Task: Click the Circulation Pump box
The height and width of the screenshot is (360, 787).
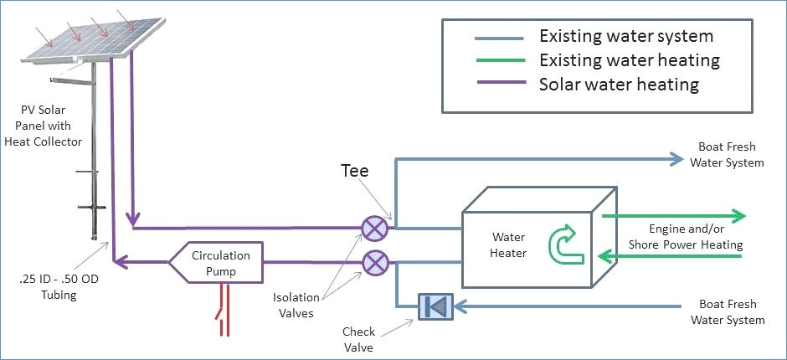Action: click(x=215, y=262)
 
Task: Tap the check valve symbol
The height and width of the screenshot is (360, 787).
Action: click(x=435, y=306)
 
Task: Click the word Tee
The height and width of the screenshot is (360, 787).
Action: click(x=355, y=171)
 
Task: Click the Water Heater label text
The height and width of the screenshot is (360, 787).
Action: click(x=508, y=244)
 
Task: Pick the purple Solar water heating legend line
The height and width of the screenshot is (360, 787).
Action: click(x=500, y=83)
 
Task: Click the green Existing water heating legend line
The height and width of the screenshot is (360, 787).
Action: click(x=500, y=60)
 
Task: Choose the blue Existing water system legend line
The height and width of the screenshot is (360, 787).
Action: click(x=500, y=38)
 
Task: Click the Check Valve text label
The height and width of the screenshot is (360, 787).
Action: click(x=359, y=339)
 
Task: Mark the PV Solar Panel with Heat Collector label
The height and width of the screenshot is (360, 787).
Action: click(x=44, y=126)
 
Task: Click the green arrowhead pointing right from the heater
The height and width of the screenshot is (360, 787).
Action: click(x=738, y=215)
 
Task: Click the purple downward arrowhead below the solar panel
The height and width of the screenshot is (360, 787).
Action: click(x=132, y=219)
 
